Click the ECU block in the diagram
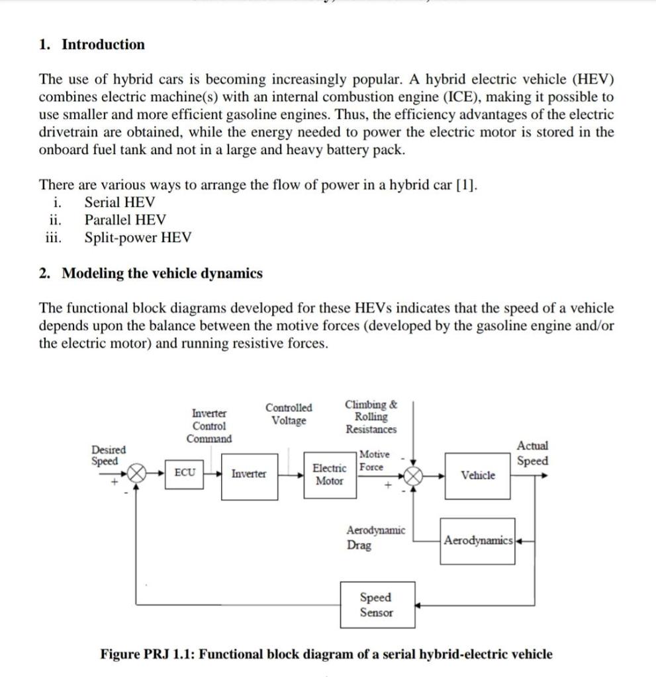coord(185,473)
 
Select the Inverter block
coord(249,474)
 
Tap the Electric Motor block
coord(330,475)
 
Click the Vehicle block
coord(478,475)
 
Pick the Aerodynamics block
coord(478,541)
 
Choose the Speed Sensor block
coord(377,605)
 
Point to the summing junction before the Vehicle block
coord(414,475)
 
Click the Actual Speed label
coord(532,454)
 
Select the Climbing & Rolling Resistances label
coord(371,417)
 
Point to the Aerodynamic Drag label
coord(375,538)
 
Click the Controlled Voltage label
coord(289,414)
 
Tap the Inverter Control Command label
coord(209,426)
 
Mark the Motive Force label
coord(373,460)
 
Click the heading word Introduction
coord(103,45)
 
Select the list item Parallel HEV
coord(125,219)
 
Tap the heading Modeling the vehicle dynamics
coord(162,273)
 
